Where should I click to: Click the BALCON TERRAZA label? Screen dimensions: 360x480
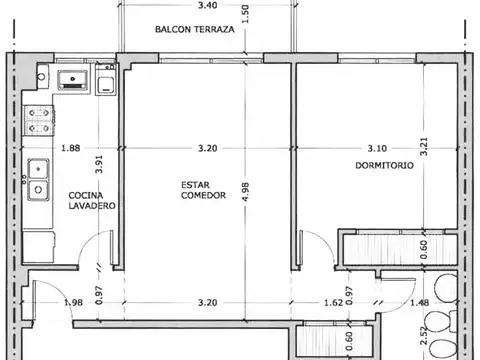pos(195,30)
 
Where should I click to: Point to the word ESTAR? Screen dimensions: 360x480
pos(196,184)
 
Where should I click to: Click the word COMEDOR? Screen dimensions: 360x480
pos(202,195)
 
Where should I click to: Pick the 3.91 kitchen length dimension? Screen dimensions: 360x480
pos(98,166)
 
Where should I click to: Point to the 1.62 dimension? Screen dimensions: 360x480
pos(335,302)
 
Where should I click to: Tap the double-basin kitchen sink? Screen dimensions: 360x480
pos(38,180)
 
